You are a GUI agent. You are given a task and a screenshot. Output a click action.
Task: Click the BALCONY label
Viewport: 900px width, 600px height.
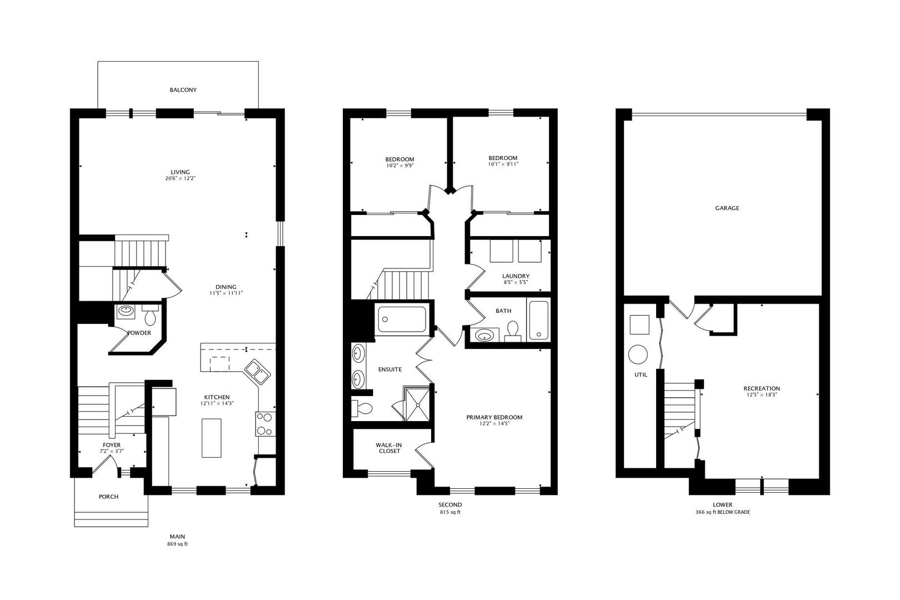click(x=183, y=89)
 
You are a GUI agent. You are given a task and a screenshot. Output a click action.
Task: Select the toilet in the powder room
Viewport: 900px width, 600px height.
click(x=150, y=317)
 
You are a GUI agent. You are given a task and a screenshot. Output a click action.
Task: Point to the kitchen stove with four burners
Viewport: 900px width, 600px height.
click(x=264, y=424)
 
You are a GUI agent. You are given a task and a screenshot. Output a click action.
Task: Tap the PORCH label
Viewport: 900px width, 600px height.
click(x=108, y=497)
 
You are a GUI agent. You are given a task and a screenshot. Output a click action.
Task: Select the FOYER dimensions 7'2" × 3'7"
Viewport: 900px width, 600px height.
click(x=112, y=452)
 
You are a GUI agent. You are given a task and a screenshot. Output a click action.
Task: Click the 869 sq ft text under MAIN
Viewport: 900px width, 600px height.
click(x=177, y=544)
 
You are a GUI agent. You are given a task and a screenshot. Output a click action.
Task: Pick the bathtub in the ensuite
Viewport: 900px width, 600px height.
click(x=402, y=319)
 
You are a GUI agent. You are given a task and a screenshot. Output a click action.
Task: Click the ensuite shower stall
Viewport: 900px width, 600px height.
click(x=417, y=402)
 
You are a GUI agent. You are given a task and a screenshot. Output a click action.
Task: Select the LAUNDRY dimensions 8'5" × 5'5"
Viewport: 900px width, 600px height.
click(x=515, y=282)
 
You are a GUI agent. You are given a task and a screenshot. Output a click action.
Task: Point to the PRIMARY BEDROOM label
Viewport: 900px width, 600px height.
click(x=494, y=417)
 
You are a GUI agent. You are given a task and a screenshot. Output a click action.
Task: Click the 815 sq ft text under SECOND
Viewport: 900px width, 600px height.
click(x=449, y=512)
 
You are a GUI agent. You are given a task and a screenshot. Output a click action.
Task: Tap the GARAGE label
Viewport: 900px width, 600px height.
click(x=727, y=208)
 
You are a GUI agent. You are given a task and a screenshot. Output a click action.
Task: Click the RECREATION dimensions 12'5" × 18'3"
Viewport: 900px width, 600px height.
click(x=761, y=395)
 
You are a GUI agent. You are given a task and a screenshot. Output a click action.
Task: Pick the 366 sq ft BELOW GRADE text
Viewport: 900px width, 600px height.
click(x=722, y=512)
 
